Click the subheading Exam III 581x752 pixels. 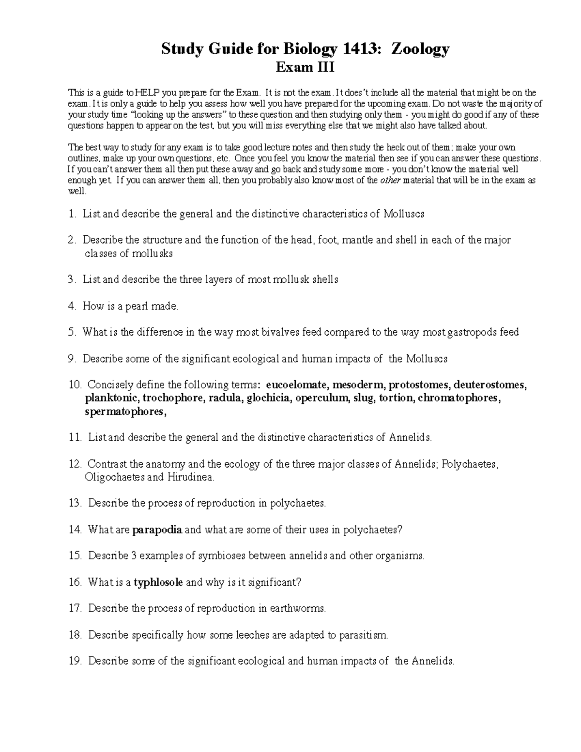(x=305, y=67)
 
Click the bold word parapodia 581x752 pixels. (x=157, y=530)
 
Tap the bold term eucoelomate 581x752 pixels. (x=297, y=385)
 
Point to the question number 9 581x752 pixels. (x=72, y=359)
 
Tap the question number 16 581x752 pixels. (x=76, y=582)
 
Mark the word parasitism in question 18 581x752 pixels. (x=363, y=635)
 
